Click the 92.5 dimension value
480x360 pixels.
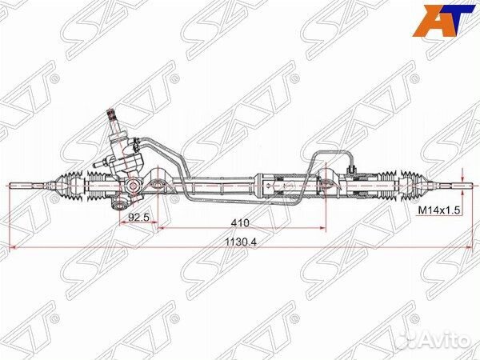[138, 218]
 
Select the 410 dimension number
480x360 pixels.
[240, 223]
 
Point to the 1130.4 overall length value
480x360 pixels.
[241, 242]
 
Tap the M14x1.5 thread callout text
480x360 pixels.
[439, 210]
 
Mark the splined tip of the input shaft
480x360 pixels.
[110, 114]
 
